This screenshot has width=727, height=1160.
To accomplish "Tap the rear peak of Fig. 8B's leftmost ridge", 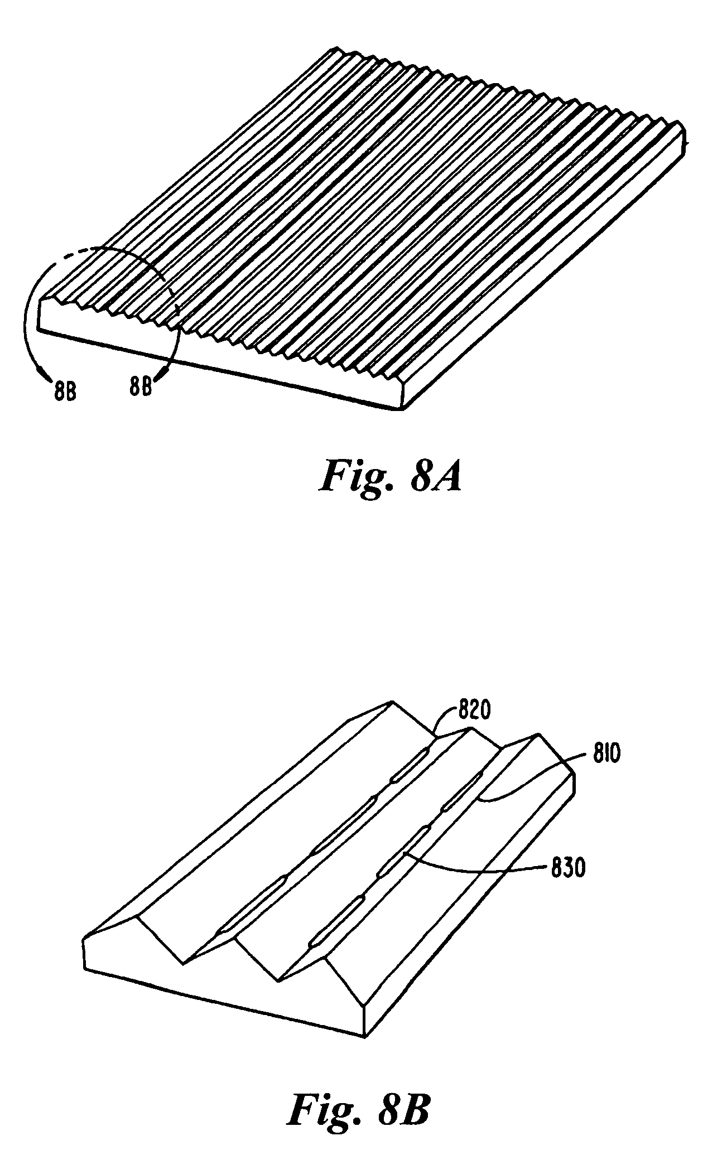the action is coord(392,701).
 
